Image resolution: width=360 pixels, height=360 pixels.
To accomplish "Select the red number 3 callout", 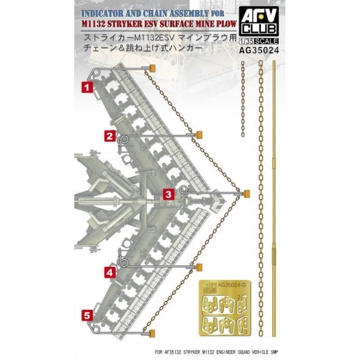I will [167, 194].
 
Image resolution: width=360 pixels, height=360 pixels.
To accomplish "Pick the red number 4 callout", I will [110, 271].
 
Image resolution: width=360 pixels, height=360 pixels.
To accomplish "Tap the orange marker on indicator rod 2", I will [198, 135].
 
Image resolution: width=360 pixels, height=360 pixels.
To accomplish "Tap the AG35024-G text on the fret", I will [229, 285].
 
